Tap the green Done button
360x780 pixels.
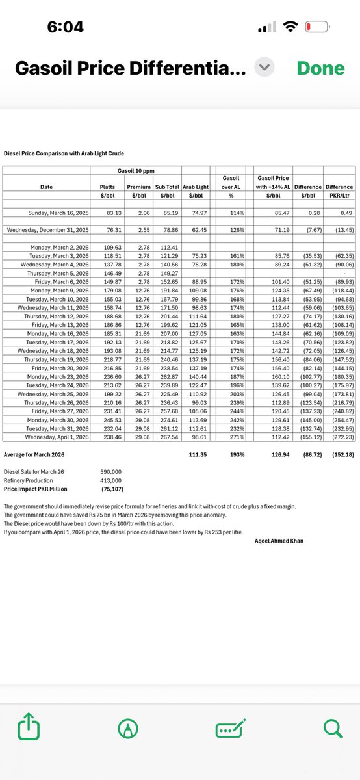(x=320, y=68)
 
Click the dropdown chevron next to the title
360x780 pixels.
(x=264, y=68)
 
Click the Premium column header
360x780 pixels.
(x=137, y=187)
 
